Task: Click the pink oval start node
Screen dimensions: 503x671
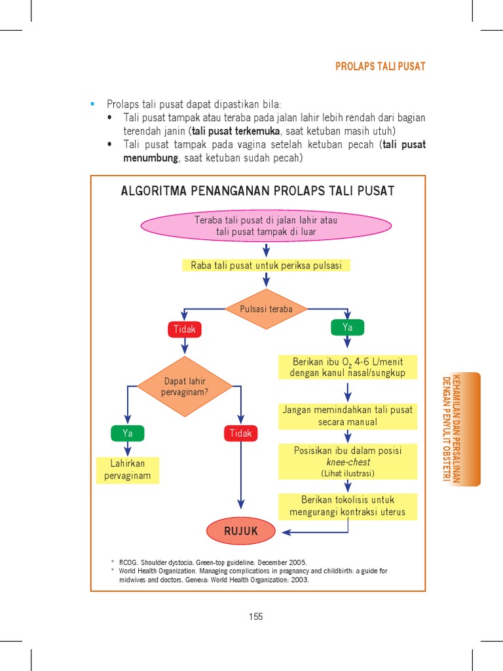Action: click(266, 226)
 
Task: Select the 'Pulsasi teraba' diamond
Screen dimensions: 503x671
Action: click(266, 309)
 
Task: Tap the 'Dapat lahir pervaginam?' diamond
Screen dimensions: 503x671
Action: click(184, 387)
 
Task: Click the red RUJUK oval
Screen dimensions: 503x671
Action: click(241, 531)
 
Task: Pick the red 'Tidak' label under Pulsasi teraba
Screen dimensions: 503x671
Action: click(184, 329)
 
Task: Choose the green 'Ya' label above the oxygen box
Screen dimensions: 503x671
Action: click(347, 328)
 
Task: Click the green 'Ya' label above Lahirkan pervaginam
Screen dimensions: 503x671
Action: click(128, 433)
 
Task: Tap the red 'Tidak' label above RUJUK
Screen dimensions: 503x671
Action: click(241, 433)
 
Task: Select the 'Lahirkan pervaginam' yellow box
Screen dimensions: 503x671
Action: click(128, 470)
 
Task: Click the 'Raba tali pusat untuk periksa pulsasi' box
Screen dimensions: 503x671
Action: click(266, 265)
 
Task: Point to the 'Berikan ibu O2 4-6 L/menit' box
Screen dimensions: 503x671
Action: click(348, 367)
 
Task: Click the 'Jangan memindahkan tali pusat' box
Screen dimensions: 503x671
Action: click(348, 416)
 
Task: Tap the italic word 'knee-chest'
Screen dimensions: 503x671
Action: click(348, 462)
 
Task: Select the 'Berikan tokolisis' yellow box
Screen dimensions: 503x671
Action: click(348, 507)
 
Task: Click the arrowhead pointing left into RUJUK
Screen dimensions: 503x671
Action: click(286, 532)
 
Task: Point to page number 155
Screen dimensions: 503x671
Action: click(256, 617)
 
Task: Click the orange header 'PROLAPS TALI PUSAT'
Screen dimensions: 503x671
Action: click(381, 66)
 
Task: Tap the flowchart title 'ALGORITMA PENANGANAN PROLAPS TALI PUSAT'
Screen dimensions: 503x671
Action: click(257, 191)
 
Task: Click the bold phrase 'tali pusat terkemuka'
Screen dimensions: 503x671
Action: click(236, 131)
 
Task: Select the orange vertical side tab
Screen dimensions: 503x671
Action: click(461, 429)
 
